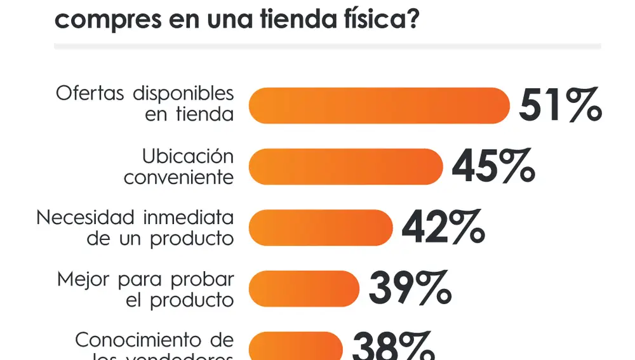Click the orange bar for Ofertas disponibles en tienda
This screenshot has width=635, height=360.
[379, 105]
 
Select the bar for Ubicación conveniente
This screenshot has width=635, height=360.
[345, 166]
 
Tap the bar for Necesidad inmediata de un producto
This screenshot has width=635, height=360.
[321, 227]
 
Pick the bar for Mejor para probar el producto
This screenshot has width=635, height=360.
[304, 288]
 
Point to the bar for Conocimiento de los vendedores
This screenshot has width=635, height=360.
[295, 346]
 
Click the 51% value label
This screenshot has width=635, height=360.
[560, 105]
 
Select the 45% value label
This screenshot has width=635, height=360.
[493, 166]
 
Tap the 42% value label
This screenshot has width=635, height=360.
[443, 227]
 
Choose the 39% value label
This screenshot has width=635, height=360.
[410, 288]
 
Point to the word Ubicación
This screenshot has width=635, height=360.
[188, 156]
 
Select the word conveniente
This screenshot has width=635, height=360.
[178, 177]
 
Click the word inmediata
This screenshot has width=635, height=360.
[188, 217]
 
